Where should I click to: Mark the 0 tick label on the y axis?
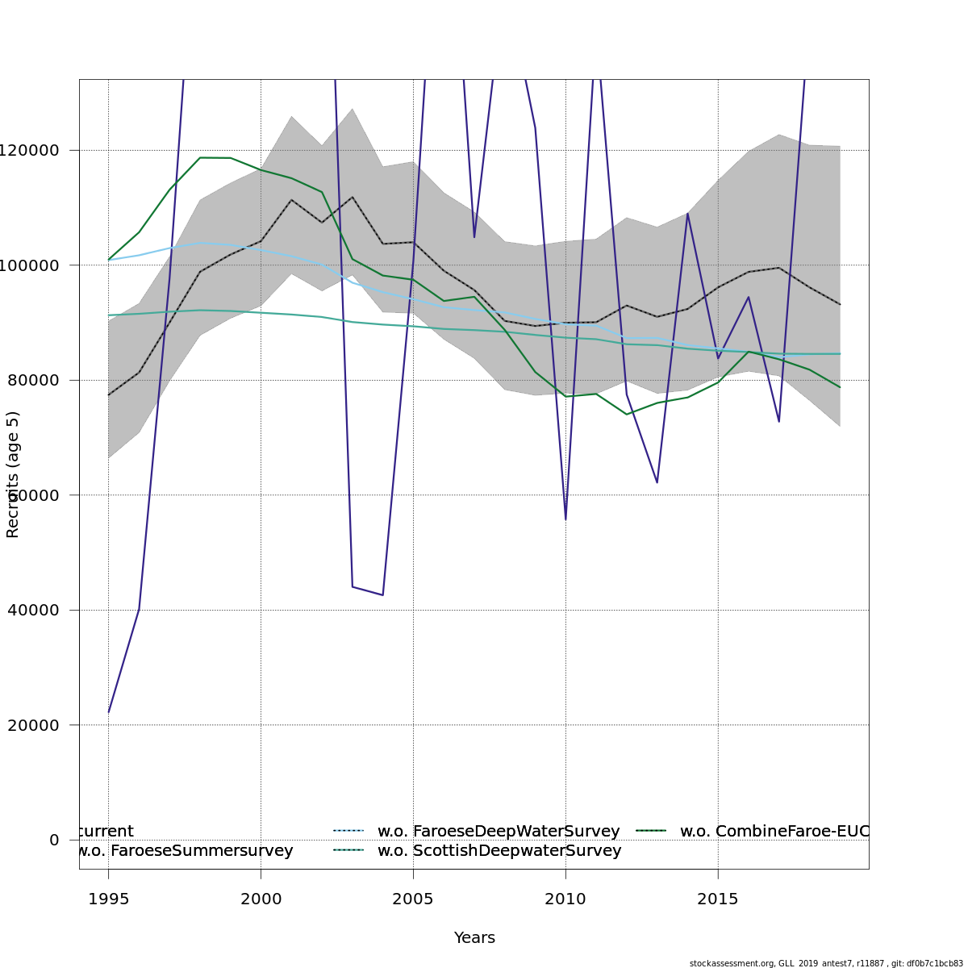click(54, 841)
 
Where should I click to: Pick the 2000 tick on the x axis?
click(261, 899)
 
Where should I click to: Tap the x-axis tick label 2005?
click(413, 899)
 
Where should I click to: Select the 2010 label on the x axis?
click(565, 899)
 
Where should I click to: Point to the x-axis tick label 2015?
click(718, 899)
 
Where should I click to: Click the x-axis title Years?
click(474, 938)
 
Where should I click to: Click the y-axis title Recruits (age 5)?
click(13, 474)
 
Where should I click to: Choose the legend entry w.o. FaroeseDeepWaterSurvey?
click(499, 832)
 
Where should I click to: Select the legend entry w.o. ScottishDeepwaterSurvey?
click(499, 851)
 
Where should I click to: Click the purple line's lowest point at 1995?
click(109, 712)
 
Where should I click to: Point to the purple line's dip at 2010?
click(565, 519)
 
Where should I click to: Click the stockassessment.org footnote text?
click(826, 963)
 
